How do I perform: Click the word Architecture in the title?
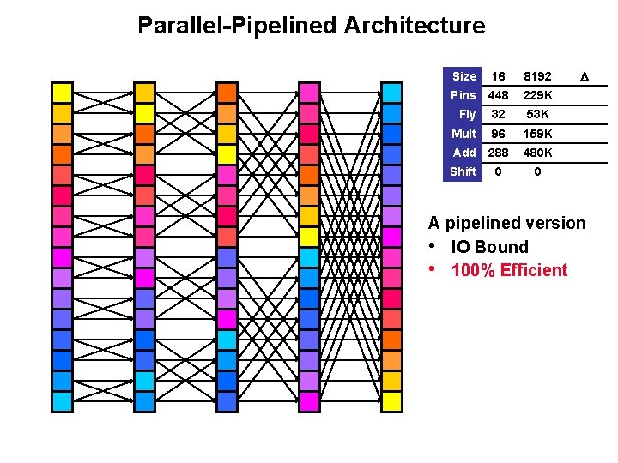415,26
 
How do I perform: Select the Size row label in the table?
463,76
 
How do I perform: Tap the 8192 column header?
537,76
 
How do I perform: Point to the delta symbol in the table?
585,77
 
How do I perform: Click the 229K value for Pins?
537,95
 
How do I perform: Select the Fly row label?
467,114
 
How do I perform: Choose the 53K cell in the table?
537,114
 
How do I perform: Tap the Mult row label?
463,134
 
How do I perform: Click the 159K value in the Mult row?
537,134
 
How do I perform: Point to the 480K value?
537,153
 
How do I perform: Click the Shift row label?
463,171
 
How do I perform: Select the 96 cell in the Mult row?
497,134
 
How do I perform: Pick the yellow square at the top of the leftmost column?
63,93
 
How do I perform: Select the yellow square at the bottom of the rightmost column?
392,400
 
